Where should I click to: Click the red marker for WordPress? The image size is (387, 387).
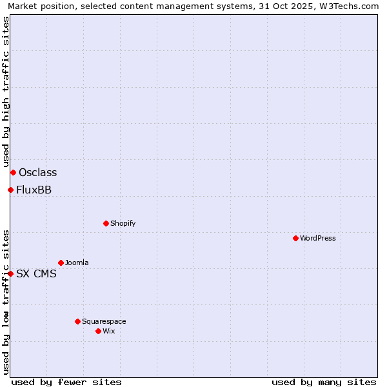[295, 238]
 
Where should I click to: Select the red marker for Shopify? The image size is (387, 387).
[106, 223]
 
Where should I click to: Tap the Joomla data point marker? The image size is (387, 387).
[61, 263]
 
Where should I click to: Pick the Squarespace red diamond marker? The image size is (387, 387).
[77, 321]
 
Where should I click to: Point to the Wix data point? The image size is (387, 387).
[98, 331]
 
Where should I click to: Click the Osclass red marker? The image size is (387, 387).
[13, 172]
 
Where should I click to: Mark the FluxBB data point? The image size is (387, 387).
[10, 190]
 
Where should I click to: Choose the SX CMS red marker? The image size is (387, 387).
[10, 273]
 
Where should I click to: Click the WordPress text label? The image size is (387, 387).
[318, 238]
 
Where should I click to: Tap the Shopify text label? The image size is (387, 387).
[123, 223]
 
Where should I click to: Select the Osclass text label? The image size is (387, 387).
[38, 172]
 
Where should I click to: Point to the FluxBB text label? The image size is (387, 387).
[34, 190]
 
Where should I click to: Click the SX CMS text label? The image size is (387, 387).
[36, 273]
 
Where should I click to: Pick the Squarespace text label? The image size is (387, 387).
[104, 321]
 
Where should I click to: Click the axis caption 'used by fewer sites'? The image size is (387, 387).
[66, 382]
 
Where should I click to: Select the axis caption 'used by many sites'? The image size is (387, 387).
[324, 382]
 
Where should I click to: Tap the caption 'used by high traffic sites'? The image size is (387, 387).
[6, 92]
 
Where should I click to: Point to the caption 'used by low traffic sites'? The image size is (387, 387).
[6, 301]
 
